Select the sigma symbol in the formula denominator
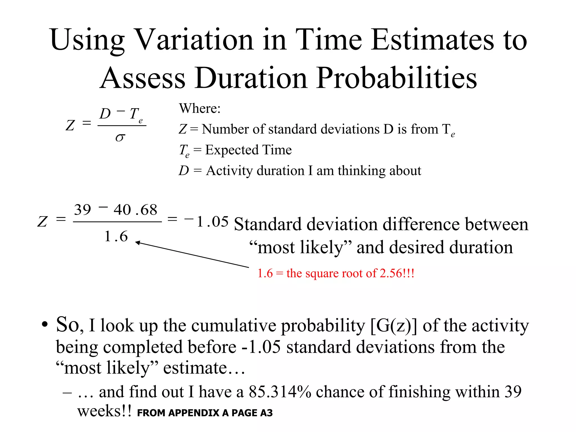pos(120,138)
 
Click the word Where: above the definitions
pos(200,109)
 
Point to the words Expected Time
pos(248,150)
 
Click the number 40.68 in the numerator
pos(135,210)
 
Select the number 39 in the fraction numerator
pos(82,210)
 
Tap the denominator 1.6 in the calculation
pos(116,236)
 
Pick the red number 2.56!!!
pos(397,273)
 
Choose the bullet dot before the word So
pos(45,325)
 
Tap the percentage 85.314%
pos(280,392)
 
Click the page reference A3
pos(266,413)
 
